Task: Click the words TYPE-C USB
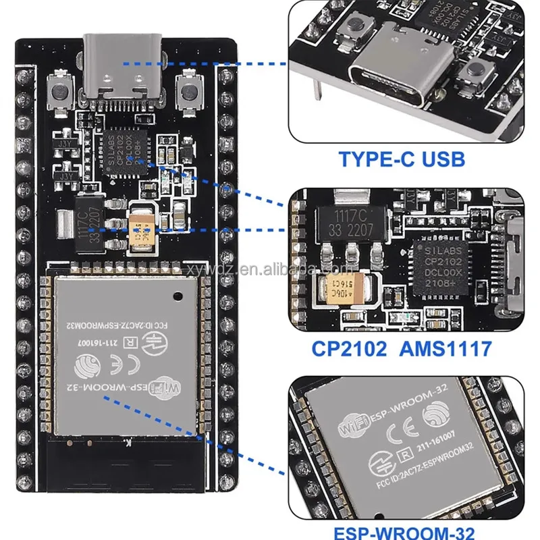click(x=402, y=160)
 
